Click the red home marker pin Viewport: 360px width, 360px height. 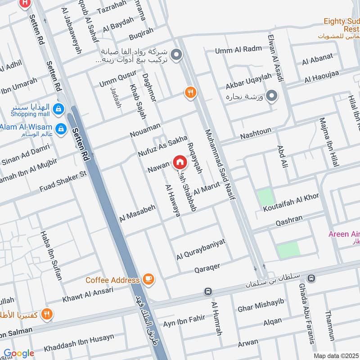[179, 162]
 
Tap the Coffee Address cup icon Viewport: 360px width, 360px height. [148, 279]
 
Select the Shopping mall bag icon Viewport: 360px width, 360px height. [58, 108]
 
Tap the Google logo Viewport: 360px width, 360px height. [19, 354]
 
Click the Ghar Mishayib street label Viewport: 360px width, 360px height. [261, 305]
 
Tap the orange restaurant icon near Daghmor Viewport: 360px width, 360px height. [191, 92]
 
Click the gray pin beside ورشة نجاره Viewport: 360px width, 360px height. [271, 96]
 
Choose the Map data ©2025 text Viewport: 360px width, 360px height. [336, 355]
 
